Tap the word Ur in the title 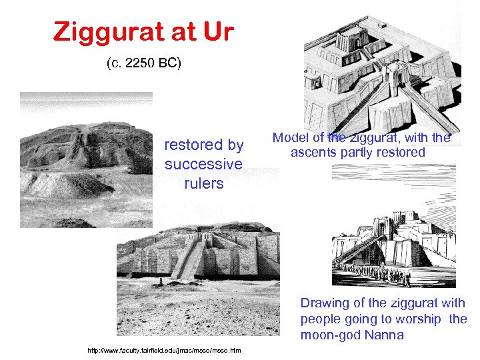(x=218, y=31)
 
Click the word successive (x=203, y=164)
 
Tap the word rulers (x=203, y=183)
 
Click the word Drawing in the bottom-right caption (x=325, y=303)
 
